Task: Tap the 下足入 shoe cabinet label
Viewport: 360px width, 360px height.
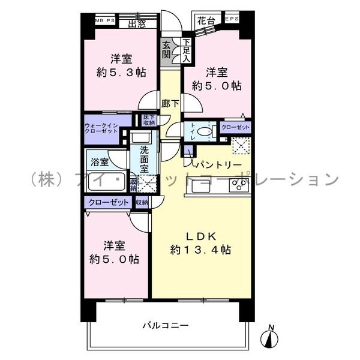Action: pos(186,51)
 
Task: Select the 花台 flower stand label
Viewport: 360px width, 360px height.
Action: pos(207,19)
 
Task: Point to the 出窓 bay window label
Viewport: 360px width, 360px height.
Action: pos(137,23)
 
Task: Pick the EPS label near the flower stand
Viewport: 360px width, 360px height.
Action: pos(232,19)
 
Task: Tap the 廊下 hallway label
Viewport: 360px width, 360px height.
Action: pos(169,103)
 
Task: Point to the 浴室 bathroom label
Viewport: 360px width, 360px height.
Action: pos(99,162)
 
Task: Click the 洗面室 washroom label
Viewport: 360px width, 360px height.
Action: pos(145,160)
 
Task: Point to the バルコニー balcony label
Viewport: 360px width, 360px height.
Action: pos(166,326)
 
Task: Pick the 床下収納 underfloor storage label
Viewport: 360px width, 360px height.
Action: pos(149,119)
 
